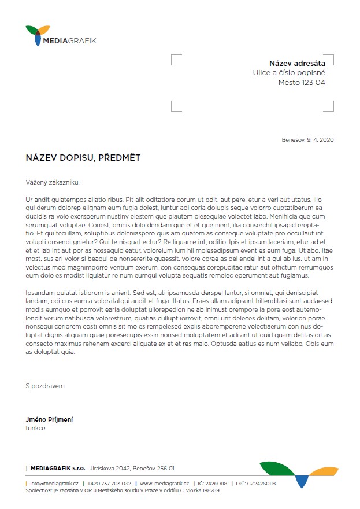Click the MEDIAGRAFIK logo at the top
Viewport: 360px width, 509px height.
(61, 36)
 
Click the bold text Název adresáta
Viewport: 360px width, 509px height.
(297, 63)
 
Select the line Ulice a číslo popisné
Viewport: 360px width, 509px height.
(289, 73)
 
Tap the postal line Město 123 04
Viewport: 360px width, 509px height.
(302, 83)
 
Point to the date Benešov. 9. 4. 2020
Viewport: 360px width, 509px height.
(307, 139)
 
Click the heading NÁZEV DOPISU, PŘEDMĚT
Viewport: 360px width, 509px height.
(83, 157)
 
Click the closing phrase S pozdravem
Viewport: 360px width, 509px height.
(45, 385)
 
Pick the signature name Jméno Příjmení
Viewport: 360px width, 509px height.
(49, 419)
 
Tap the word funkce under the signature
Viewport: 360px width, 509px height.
(35, 429)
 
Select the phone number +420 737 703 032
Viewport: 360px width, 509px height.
(109, 483)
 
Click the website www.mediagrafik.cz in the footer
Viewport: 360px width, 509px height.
(164, 483)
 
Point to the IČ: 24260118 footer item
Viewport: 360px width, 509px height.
(212, 483)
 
